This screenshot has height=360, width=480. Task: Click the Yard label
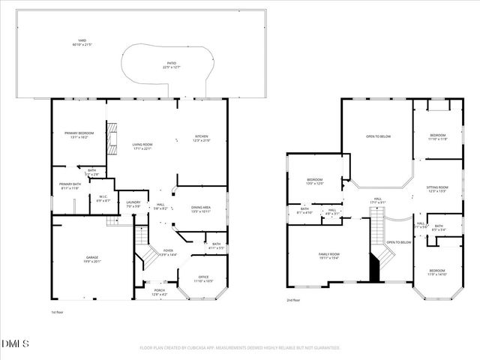point(81,42)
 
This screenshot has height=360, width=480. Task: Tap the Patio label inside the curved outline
point(172,65)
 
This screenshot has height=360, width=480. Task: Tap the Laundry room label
point(133,204)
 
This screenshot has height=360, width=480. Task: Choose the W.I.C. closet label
point(103,199)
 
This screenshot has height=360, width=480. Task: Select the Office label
point(203,279)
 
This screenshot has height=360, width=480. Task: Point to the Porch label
point(160,292)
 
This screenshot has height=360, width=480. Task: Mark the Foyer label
point(168,253)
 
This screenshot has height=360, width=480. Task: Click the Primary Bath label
point(70,186)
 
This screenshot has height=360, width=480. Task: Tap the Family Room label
point(330,256)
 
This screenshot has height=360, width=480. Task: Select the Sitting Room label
point(437,188)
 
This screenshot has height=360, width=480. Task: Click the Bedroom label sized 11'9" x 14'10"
point(437,272)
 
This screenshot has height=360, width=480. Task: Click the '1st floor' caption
point(58,311)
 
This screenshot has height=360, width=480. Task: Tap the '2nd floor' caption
point(294,301)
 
